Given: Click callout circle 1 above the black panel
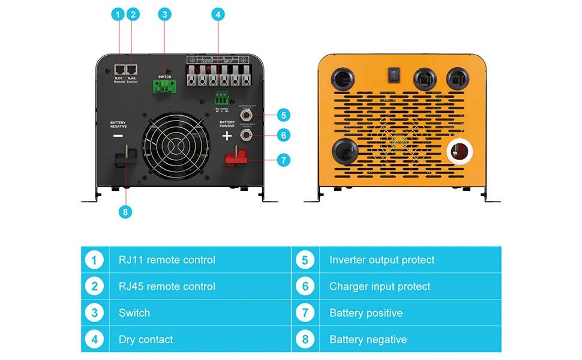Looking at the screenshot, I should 118,15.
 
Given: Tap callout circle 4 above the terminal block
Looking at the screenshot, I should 218,15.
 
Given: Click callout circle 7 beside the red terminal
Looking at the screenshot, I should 284,160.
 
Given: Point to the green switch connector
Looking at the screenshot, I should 164,88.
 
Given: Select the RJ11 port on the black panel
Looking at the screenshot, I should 119,69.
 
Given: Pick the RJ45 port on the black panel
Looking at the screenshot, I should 132,69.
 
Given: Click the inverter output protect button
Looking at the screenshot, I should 245,113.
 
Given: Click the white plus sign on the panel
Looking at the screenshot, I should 227,136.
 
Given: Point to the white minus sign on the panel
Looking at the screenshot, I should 118,136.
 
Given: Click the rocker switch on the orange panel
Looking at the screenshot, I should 394,74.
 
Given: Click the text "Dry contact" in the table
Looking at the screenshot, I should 146,340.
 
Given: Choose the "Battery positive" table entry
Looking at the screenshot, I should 365,313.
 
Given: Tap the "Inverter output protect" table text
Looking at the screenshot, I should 382,260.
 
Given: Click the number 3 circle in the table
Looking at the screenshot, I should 94,313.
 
